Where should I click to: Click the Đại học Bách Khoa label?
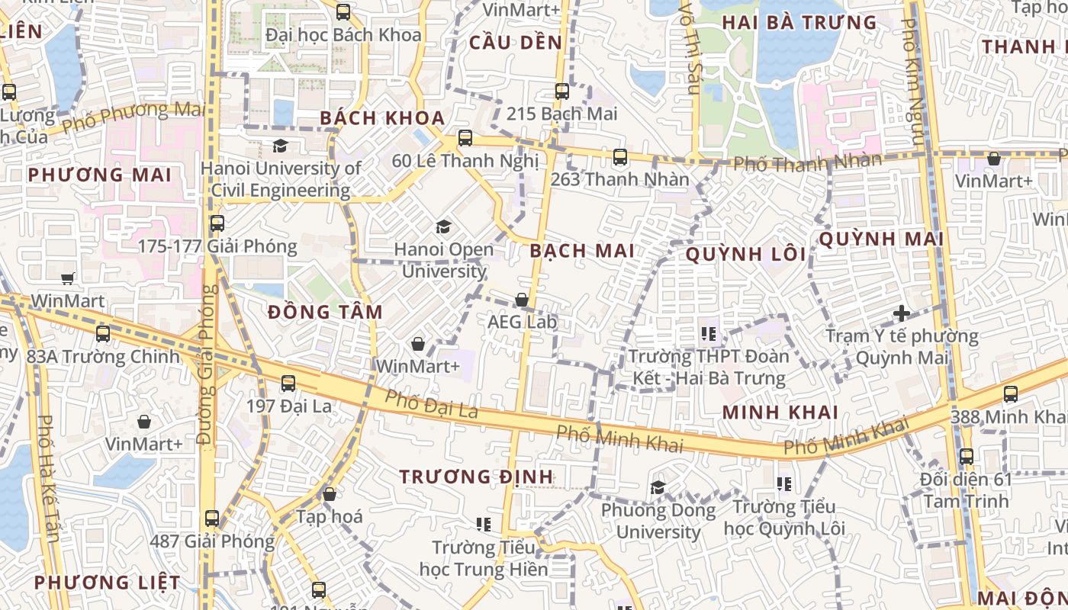tap(343, 35)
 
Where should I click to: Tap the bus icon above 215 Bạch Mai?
tap(562, 91)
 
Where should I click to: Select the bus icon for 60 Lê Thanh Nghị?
tap(465, 138)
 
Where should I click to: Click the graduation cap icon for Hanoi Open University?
tap(443, 226)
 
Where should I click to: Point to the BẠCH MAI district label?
tap(582, 251)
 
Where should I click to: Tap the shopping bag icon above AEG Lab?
tap(522, 300)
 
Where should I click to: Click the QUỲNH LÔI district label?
tap(745, 255)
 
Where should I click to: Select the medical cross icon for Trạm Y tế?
tap(902, 313)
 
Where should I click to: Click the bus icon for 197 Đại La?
tap(288, 384)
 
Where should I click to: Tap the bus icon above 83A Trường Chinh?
tap(103, 333)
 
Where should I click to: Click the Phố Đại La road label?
tap(431, 404)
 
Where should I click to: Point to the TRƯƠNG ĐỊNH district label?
tap(476, 477)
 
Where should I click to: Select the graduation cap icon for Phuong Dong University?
tap(658, 487)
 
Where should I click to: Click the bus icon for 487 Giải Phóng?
tap(212, 518)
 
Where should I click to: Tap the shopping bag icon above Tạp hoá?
tap(330, 494)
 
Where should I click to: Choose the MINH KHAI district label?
tap(780, 413)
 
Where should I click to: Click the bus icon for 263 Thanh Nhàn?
tap(620, 157)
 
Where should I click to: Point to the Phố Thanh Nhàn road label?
tap(808, 162)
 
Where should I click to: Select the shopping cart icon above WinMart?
tap(68, 278)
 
